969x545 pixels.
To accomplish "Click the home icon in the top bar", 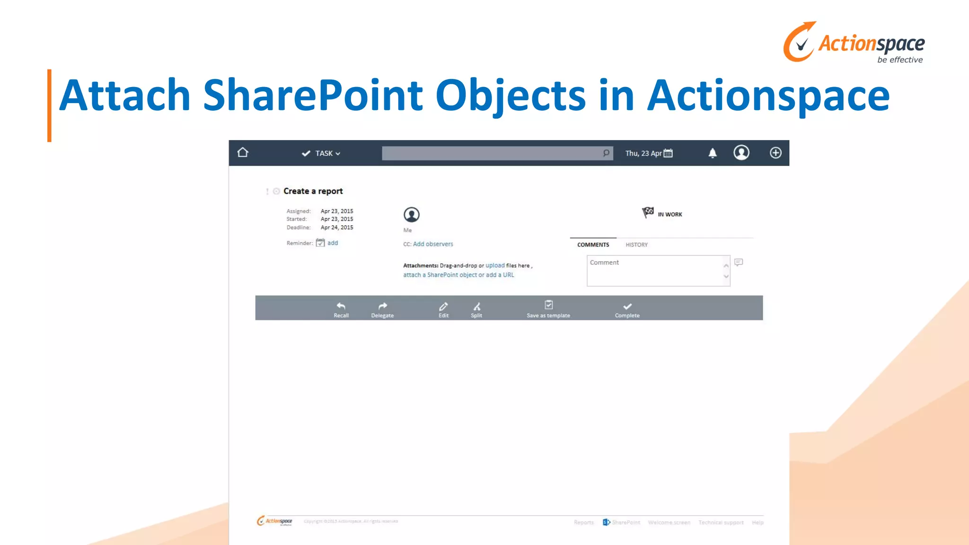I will pos(243,152).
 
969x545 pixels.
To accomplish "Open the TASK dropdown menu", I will pos(322,153).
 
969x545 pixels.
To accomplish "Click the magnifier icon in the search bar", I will pos(606,153).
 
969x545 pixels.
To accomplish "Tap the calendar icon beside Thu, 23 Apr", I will pos(668,153).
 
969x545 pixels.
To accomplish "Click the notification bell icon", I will pos(712,153).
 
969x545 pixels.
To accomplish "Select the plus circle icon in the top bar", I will pos(775,153).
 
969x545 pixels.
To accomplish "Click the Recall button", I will pos(341,309).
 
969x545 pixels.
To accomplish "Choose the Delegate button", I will pos(382,309).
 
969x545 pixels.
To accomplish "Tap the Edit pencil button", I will pos(443,309).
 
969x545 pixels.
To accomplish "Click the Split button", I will pos(476,309).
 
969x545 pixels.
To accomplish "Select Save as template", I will pos(548,309).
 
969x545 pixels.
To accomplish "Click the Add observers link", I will pos(433,244).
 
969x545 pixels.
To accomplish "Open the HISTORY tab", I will pos(636,245).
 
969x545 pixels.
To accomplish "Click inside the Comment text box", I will pos(655,272).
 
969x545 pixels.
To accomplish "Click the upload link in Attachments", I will pos(495,265).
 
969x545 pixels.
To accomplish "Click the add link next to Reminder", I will pos(333,243).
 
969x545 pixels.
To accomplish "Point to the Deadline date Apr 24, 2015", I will pos(337,228).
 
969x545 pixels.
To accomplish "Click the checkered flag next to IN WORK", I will pos(647,212).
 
